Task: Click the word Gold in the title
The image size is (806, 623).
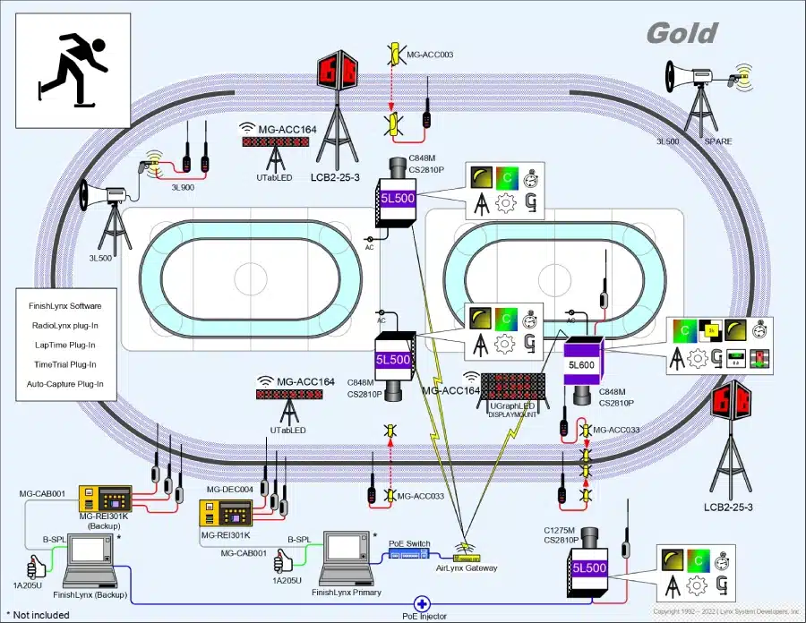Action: (682, 33)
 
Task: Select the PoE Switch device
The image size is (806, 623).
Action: (409, 554)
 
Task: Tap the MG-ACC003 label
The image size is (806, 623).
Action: (430, 55)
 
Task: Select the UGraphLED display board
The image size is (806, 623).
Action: (511, 388)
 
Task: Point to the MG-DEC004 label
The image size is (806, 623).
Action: (225, 490)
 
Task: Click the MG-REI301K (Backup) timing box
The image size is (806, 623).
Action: (105, 504)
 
